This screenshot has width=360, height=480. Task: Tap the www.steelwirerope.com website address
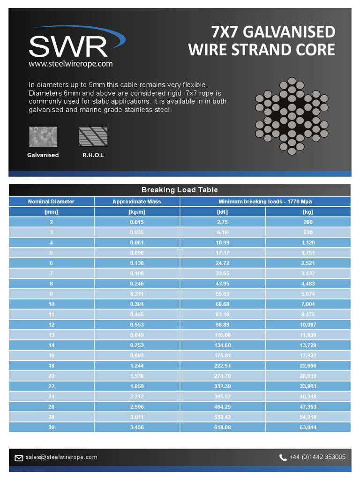70,64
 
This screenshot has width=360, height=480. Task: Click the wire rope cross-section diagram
292,117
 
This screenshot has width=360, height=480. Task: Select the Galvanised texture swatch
43,136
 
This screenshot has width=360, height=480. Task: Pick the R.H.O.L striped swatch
93,136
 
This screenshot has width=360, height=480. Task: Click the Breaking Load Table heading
180,190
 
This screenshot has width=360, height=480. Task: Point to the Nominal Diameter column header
51,202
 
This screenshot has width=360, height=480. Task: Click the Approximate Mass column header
136,202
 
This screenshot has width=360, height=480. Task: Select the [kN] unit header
222,212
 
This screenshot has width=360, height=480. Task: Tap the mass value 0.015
136,222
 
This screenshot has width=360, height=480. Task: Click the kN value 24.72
222,263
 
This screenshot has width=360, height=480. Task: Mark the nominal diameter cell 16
51,355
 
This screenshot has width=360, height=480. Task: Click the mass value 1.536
136,376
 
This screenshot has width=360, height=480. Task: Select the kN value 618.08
222,427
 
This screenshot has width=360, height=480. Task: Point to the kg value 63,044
308,427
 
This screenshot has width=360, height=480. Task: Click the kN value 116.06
222,335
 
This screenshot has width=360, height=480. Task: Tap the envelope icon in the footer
19,458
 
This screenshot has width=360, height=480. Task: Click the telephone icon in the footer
283,457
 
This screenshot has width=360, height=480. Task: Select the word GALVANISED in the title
289,32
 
